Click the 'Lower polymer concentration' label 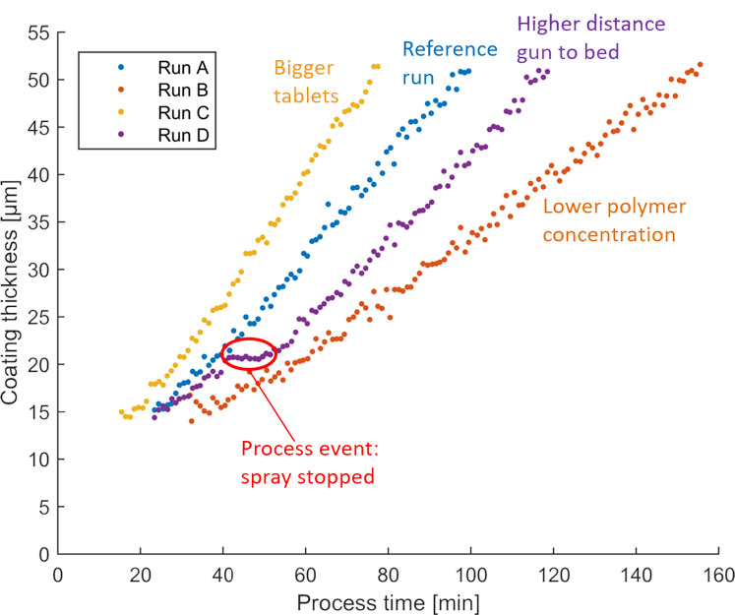point(608,220)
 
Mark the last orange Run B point point(700,65)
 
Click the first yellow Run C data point point(122,412)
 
